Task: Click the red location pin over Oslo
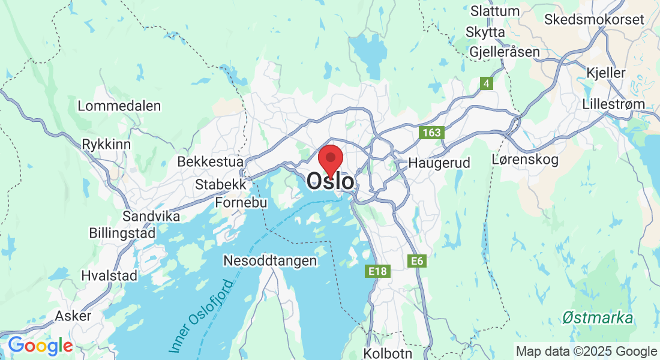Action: tap(330, 158)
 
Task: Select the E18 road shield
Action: tap(377, 272)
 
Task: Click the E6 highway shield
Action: tap(416, 261)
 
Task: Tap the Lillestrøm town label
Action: tap(613, 104)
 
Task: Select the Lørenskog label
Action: tap(524, 160)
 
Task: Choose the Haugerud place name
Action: tap(439, 163)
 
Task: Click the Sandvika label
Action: tap(151, 216)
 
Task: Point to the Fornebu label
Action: tap(241, 203)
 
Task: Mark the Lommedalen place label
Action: tap(119, 106)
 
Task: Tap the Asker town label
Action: tap(73, 316)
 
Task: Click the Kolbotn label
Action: tap(388, 352)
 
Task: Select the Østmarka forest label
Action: tap(598, 318)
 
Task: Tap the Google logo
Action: tap(40, 346)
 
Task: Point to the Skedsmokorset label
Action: tap(594, 20)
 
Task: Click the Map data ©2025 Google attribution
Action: tap(586, 352)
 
